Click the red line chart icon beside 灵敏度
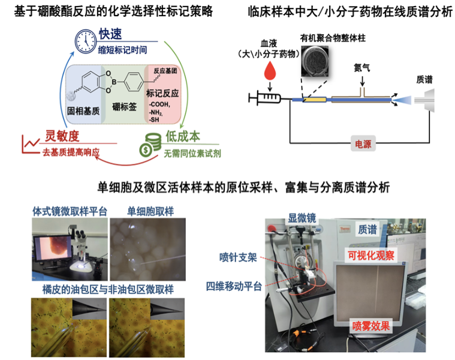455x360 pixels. click(x=30, y=143)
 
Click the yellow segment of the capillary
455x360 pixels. click(x=315, y=99)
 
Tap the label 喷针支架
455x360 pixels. click(x=238, y=259)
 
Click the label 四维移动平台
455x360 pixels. click(x=233, y=287)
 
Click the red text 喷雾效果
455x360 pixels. click(x=371, y=326)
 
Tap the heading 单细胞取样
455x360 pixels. click(x=147, y=211)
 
